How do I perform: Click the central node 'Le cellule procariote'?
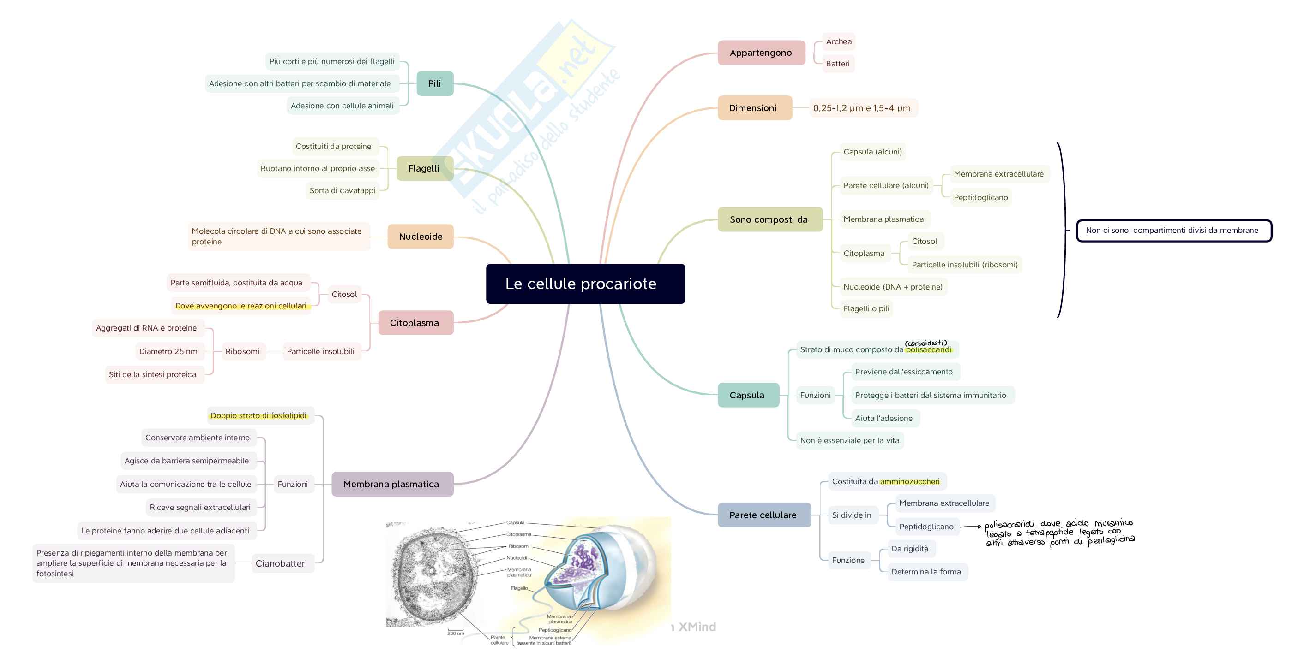pyautogui.click(x=585, y=284)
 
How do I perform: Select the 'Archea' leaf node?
pyautogui.click(x=838, y=41)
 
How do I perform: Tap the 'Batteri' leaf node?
pyautogui.click(x=838, y=64)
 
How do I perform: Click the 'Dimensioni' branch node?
pyautogui.click(x=754, y=108)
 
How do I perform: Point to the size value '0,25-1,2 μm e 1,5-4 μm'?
pyautogui.click(x=862, y=108)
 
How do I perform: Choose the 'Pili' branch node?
pyautogui.click(x=434, y=83)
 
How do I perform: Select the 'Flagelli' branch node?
pyautogui.click(x=424, y=168)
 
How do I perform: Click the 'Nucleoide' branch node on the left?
pyautogui.click(x=420, y=236)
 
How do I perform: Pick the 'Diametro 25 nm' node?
pyautogui.click(x=168, y=351)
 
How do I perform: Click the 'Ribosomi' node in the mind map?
pyautogui.click(x=242, y=351)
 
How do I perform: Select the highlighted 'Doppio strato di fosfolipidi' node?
pyautogui.click(x=259, y=416)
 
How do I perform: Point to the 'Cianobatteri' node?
pyautogui.click(x=282, y=563)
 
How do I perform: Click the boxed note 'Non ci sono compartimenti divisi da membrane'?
pyautogui.click(x=1174, y=231)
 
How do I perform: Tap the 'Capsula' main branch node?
pyautogui.click(x=748, y=395)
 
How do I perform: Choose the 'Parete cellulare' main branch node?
pyautogui.click(x=763, y=515)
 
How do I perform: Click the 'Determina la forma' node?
pyautogui.click(x=926, y=572)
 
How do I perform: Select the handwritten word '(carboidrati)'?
pyautogui.click(x=926, y=343)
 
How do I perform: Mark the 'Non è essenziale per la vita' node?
pyautogui.click(x=850, y=440)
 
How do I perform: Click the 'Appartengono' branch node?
pyautogui.click(x=761, y=53)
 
